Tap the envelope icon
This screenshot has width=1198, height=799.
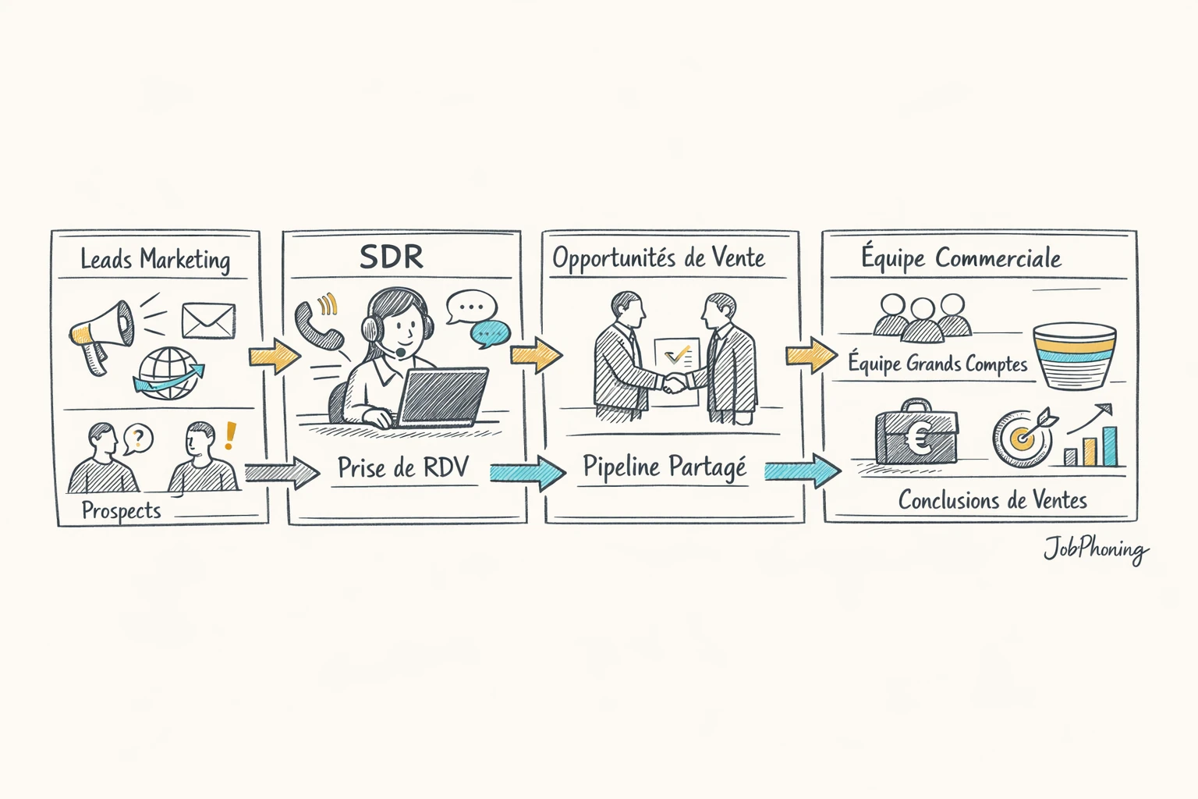point(208,321)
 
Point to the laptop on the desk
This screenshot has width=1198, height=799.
point(441,398)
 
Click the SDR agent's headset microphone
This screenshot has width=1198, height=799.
point(400,353)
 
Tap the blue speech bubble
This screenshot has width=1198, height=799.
point(490,334)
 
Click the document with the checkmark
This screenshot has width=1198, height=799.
point(676,359)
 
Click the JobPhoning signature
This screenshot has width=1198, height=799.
point(1096,550)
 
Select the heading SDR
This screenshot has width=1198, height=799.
point(392,257)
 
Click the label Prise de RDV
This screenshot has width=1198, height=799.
point(402,467)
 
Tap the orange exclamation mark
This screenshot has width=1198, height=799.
point(229,436)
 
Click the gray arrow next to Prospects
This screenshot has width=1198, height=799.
point(282,473)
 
